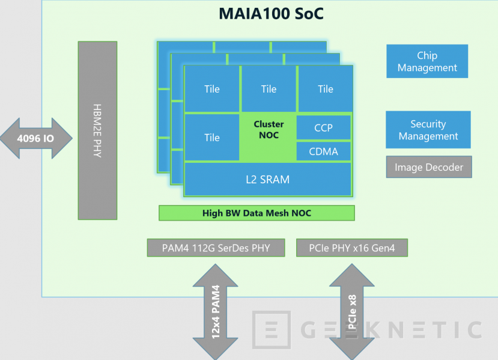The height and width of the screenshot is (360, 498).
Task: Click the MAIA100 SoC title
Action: pos(270,14)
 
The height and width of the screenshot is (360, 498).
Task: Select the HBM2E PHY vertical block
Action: pos(97,130)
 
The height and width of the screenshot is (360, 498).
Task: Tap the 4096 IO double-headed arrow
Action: pos(36,139)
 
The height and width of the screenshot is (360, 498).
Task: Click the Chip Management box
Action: pos(427,62)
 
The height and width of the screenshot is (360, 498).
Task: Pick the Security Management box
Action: pos(428,130)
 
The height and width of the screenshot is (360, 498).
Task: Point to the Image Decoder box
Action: pos(429,167)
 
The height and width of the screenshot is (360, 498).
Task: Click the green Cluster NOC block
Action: pos(269,136)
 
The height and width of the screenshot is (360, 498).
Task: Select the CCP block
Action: pos(324,127)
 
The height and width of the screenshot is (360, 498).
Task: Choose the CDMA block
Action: pos(324,151)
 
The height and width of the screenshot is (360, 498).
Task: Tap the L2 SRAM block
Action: pos(268,179)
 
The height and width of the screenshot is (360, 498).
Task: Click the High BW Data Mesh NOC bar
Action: pos(257,213)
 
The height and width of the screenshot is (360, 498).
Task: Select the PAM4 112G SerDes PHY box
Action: pos(216,248)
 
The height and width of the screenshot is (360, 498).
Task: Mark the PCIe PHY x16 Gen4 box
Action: pos(352,248)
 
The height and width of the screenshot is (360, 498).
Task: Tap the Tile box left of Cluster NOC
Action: pos(211,138)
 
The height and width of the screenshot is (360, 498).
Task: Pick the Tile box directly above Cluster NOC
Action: pos(269,89)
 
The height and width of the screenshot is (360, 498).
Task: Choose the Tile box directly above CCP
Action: pos(325,89)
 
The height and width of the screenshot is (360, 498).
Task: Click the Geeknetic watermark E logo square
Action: pos(271,330)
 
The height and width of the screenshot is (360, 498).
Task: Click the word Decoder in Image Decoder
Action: pos(444,167)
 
